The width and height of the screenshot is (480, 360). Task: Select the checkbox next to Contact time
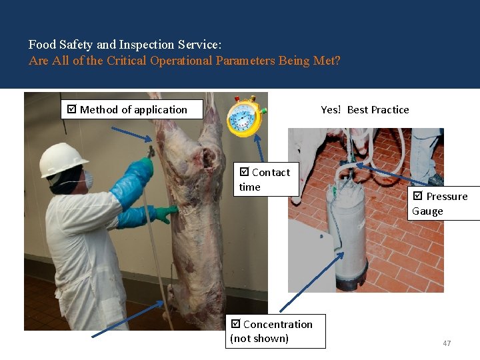(245, 172)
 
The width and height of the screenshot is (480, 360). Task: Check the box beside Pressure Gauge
(418, 196)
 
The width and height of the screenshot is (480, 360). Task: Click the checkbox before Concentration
(235, 324)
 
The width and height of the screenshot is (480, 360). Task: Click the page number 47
(447, 343)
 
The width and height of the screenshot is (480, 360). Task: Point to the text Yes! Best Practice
(365, 109)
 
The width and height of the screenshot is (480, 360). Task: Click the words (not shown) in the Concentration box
(259, 338)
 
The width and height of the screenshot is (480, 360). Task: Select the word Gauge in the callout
(427, 211)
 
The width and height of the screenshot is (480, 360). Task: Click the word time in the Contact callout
(250, 187)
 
